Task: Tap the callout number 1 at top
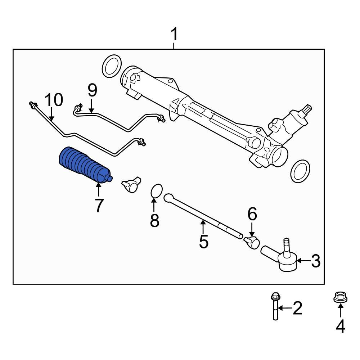pyautogui.click(x=174, y=35)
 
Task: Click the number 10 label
pyautogui.click(x=54, y=100)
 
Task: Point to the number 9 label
pyautogui.click(x=92, y=90)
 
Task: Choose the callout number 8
pyautogui.click(x=154, y=221)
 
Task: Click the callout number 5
pyautogui.click(x=203, y=242)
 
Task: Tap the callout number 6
pyautogui.click(x=252, y=215)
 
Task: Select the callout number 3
pyautogui.click(x=315, y=261)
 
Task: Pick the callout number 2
pyautogui.click(x=297, y=309)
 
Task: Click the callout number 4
pyautogui.click(x=340, y=326)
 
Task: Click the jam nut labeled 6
pyautogui.click(x=252, y=242)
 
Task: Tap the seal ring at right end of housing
pyautogui.click(x=300, y=171)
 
